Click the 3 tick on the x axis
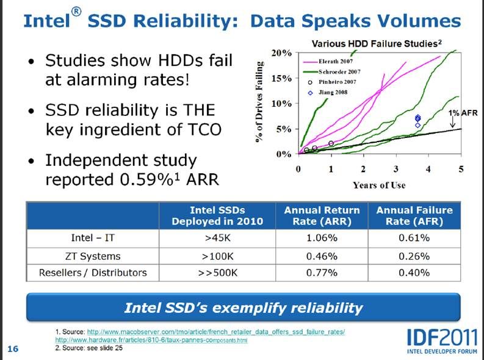[x=396, y=168]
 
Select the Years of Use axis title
[x=378, y=185]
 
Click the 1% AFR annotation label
[x=463, y=113]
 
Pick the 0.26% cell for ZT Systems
[x=414, y=255]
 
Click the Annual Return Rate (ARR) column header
[x=322, y=215]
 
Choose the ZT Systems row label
[x=92, y=255]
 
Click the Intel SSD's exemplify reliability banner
[x=243, y=308]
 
